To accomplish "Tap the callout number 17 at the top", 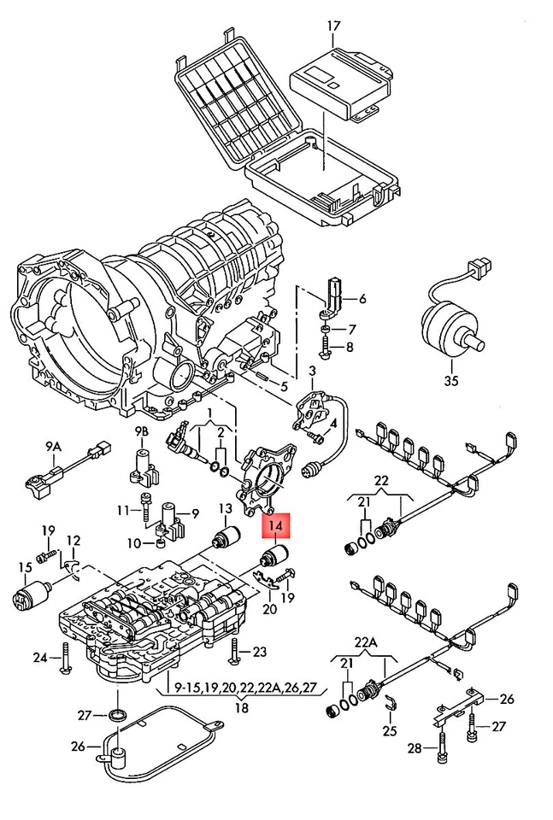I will [332, 26].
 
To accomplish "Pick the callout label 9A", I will [53, 446].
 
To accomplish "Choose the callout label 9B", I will [141, 430].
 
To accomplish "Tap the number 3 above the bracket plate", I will [312, 371].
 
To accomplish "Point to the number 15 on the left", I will [24, 567].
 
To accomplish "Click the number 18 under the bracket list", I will [243, 707].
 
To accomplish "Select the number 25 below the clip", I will [390, 731].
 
